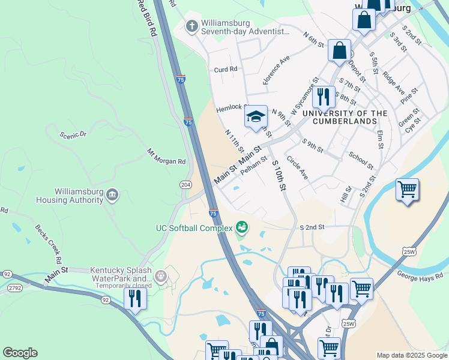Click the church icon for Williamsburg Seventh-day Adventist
point(192,26)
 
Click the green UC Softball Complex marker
point(242,227)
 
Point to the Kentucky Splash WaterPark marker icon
point(161,276)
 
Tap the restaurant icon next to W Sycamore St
point(324,96)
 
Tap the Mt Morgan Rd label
point(166,157)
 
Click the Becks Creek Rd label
point(47,244)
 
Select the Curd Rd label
point(226,70)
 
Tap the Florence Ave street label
point(276,70)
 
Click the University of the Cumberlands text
point(345,116)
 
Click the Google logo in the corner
point(20,353)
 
